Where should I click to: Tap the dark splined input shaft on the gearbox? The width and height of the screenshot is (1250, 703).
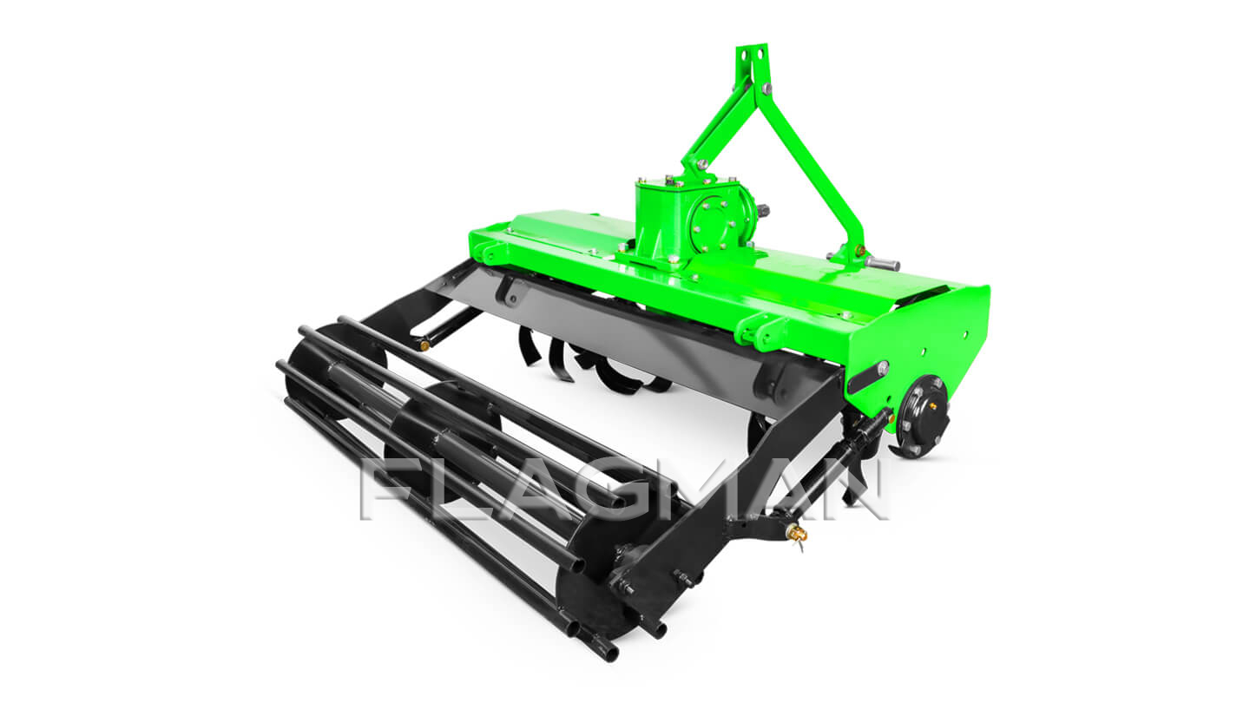click(x=762, y=212)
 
